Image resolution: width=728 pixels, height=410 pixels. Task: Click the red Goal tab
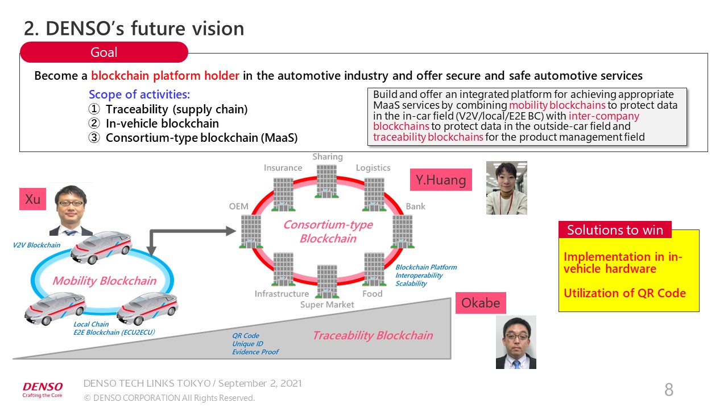pyautogui.click(x=104, y=52)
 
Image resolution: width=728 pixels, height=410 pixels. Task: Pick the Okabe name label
pyautogui.click(x=481, y=303)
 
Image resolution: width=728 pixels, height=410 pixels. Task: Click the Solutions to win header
pyautogui.click(x=615, y=230)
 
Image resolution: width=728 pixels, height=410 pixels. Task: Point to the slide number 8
pyautogui.click(x=669, y=390)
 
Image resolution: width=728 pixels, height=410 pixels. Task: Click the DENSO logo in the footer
pyautogui.click(x=43, y=389)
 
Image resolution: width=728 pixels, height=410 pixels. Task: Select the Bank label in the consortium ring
pyautogui.click(x=415, y=206)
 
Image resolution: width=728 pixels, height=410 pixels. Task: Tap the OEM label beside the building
pyautogui.click(x=239, y=206)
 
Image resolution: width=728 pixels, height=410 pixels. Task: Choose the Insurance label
pyautogui.click(x=283, y=168)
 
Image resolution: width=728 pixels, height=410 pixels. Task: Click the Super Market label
pyautogui.click(x=327, y=305)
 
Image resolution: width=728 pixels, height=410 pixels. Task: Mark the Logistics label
pyautogui.click(x=373, y=168)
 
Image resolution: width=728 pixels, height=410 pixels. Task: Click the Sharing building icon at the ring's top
pyautogui.click(x=327, y=181)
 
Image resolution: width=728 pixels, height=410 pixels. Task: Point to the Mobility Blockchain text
pyautogui.click(x=104, y=281)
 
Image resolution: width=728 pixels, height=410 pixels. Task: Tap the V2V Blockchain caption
pyautogui.click(x=36, y=245)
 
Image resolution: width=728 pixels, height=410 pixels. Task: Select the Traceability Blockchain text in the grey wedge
pyautogui.click(x=373, y=335)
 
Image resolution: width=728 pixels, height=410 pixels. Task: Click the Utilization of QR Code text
pyautogui.click(x=624, y=293)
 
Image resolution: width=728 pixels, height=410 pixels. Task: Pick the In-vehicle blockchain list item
pyautogui.click(x=162, y=124)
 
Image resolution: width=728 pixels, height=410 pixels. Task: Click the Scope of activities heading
pyautogui.click(x=139, y=95)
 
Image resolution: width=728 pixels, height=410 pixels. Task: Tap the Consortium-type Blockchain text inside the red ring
pyautogui.click(x=328, y=231)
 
